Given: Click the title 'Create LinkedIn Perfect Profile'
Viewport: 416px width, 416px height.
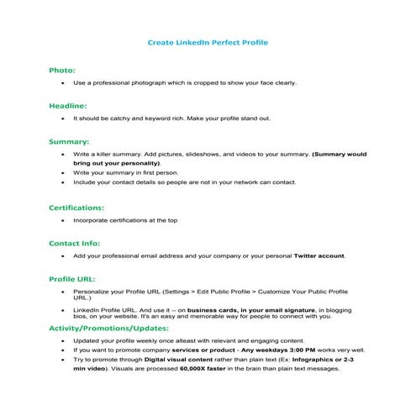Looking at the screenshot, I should click(x=208, y=41).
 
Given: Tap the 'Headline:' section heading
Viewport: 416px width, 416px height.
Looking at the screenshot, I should click(x=67, y=106).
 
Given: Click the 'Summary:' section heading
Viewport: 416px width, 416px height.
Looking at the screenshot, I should click(x=69, y=142).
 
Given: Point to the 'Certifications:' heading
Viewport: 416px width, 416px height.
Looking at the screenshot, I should click(x=76, y=207).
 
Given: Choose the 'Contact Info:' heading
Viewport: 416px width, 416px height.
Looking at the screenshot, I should click(x=76, y=242).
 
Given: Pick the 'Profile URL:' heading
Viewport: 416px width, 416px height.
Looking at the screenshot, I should click(x=72, y=277).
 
